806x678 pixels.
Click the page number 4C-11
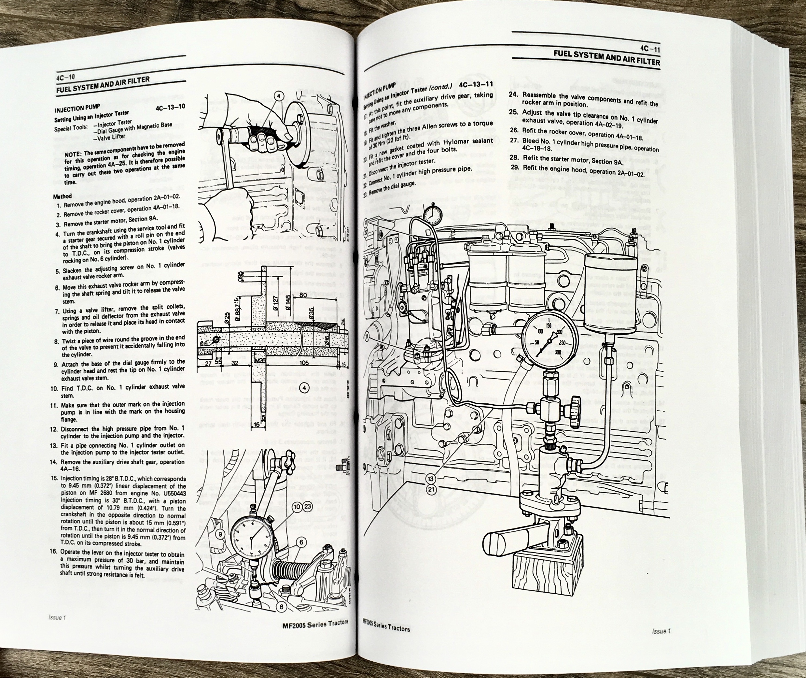click(x=649, y=50)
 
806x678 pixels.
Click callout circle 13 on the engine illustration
click(x=430, y=479)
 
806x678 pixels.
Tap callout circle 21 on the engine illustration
click(x=430, y=489)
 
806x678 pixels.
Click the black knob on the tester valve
click(x=575, y=411)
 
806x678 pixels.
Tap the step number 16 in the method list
click(x=53, y=552)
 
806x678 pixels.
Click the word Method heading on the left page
click(x=62, y=196)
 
